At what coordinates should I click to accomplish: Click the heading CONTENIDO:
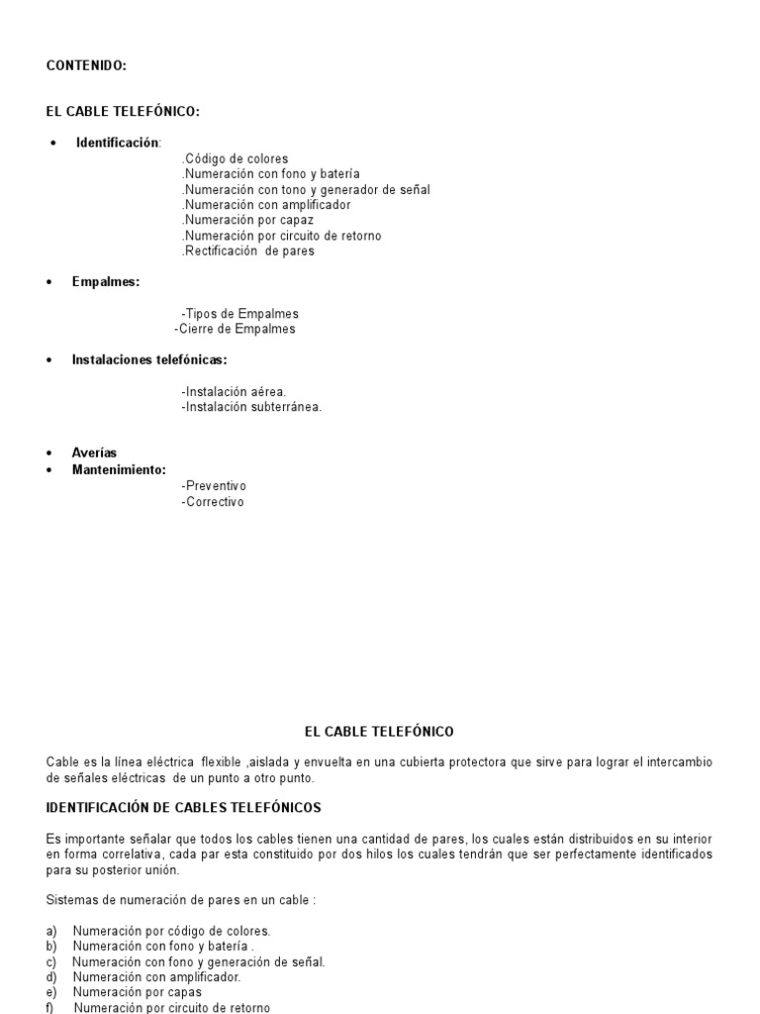[86, 65]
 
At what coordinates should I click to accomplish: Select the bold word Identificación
[117, 143]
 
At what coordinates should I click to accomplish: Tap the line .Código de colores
[236, 158]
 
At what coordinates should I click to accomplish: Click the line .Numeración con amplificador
[266, 205]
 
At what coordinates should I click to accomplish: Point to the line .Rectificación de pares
[248, 251]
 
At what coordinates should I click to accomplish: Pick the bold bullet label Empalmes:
[105, 282]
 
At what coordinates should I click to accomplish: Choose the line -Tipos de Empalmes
[239, 314]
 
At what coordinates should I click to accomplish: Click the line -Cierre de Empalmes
[235, 329]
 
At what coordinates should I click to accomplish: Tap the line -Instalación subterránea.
[251, 406]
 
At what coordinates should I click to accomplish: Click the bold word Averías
[94, 453]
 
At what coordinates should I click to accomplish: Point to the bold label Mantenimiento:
[119, 469]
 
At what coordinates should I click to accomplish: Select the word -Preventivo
[214, 486]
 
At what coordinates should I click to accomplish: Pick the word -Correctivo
[212, 502]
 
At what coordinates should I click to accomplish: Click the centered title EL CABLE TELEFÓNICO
[379, 732]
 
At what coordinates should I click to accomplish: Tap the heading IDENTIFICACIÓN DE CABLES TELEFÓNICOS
[184, 808]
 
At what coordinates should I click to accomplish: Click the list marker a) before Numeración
[51, 931]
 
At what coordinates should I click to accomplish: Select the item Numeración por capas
[138, 992]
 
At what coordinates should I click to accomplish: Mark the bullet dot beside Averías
[49, 454]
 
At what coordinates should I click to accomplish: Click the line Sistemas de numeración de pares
[181, 900]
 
